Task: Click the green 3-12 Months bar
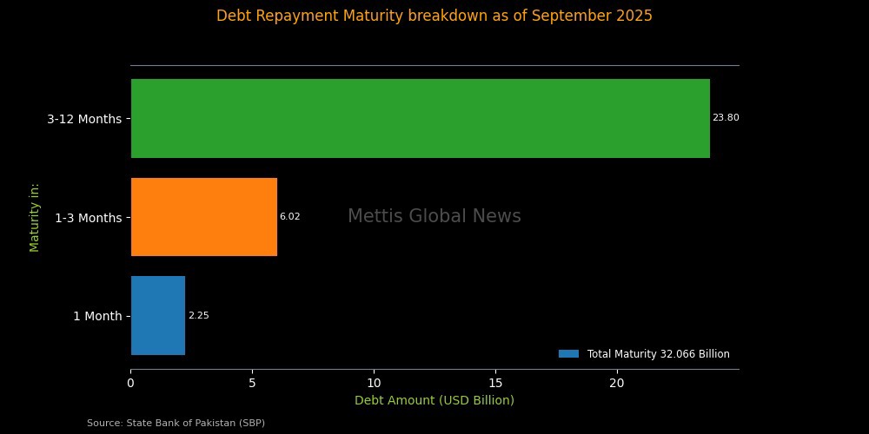(x=420, y=118)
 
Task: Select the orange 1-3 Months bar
(x=204, y=217)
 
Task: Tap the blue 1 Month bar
(x=158, y=316)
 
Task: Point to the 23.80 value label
(x=726, y=118)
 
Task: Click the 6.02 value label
(x=289, y=217)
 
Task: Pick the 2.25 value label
(x=198, y=316)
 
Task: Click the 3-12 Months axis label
(x=84, y=119)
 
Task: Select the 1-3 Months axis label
(x=88, y=218)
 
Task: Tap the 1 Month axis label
(x=97, y=316)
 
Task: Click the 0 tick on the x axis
(x=130, y=382)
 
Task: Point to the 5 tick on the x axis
(x=252, y=382)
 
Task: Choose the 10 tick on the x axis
(x=374, y=382)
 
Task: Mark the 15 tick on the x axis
(x=495, y=382)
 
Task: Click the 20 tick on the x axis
(x=617, y=382)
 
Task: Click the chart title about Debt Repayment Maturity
(x=434, y=16)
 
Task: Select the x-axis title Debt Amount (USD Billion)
(x=434, y=400)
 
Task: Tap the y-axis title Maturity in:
(x=35, y=217)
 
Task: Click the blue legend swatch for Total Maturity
(x=568, y=354)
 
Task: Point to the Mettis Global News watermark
(x=434, y=217)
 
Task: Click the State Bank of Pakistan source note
(x=176, y=423)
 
